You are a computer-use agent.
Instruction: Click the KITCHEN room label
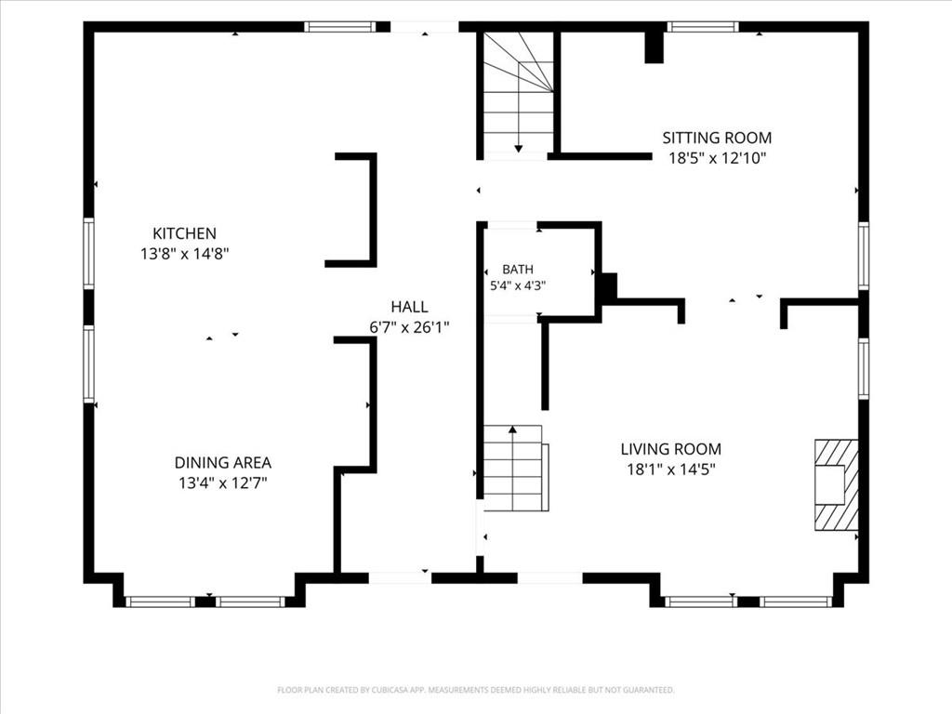click(x=184, y=233)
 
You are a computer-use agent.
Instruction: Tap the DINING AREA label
click(x=223, y=463)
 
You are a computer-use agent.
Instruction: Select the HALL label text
click(x=409, y=307)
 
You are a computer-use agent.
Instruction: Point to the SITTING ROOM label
click(x=717, y=138)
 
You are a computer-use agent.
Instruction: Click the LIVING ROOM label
click(x=671, y=449)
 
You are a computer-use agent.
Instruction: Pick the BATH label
click(x=518, y=270)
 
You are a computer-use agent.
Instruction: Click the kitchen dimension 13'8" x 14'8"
click(x=185, y=254)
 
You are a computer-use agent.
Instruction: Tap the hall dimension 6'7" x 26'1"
click(x=409, y=327)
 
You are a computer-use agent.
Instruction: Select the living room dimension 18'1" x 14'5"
click(x=671, y=469)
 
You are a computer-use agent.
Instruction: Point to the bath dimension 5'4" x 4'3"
click(x=518, y=285)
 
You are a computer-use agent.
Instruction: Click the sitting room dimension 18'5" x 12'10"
click(x=717, y=158)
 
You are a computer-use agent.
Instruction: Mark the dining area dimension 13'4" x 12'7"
click(x=223, y=483)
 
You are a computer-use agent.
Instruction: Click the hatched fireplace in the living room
click(x=836, y=485)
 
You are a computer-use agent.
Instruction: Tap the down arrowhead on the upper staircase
click(x=519, y=148)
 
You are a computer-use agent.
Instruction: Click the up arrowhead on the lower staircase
click(x=512, y=430)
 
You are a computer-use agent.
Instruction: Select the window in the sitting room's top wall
click(x=703, y=27)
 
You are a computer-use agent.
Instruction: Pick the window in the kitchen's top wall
click(x=340, y=27)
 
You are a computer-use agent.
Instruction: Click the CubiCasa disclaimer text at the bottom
click(x=476, y=690)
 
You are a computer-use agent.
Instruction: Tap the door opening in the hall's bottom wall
click(x=400, y=578)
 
